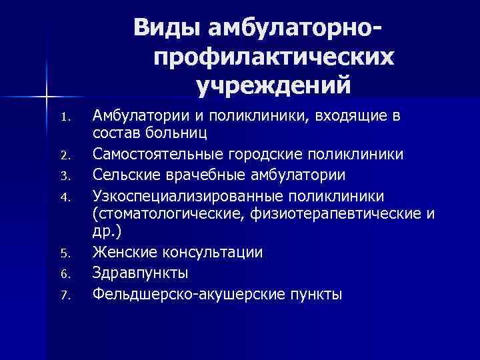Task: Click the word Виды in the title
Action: tap(168, 28)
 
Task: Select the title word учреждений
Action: tap(273, 85)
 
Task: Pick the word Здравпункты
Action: tap(141, 273)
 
